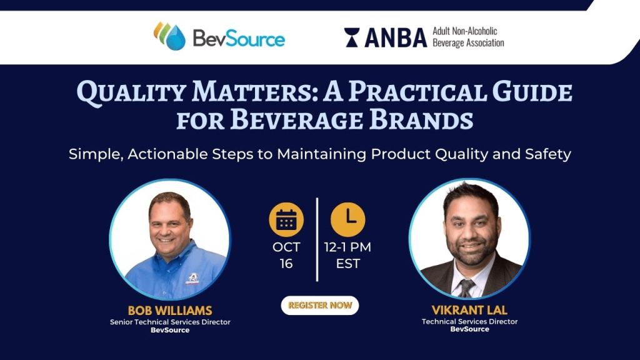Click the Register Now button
point(319,305)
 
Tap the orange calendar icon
point(286,219)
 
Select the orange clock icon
point(347,219)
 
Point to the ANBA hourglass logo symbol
point(352,37)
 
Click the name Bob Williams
point(170,311)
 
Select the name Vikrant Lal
point(469,310)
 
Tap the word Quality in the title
point(131,92)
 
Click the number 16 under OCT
point(286,264)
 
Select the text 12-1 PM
point(347,247)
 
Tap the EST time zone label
point(347,264)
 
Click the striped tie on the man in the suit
point(466,287)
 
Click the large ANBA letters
point(396,38)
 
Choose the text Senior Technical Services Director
point(170,322)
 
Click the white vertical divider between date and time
point(317,239)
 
